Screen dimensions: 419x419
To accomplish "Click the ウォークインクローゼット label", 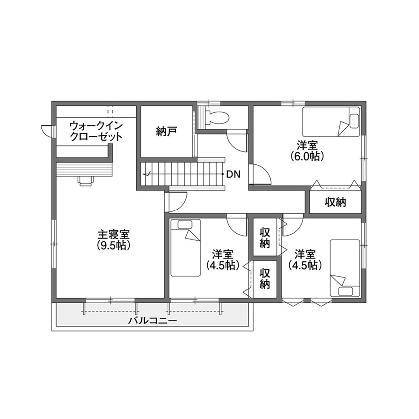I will coord(96,131).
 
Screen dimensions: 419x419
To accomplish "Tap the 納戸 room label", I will coord(166,132).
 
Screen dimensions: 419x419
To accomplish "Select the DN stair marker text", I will coord(233,174).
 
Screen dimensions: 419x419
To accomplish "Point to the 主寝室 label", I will coord(113,234).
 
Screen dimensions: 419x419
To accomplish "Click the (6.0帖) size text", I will coord(308,156).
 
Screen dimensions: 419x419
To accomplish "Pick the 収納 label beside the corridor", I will coord(336,202).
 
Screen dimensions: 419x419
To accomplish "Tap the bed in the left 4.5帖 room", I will coord(185,247).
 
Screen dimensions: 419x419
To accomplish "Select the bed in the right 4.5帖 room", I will coord(345,268).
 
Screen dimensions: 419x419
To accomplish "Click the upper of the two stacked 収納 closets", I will coord(265,238).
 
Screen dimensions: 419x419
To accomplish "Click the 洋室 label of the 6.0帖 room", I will coord(308,145).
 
